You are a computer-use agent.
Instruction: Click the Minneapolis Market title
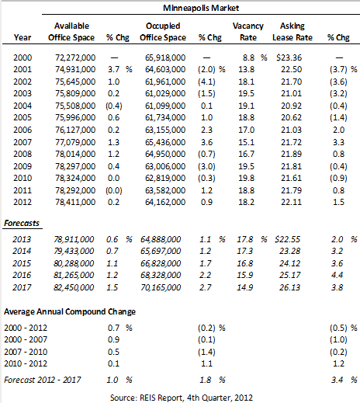pyautogui.click(x=201, y=8)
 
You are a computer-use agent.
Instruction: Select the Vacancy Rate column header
pyautogui.click(x=248, y=32)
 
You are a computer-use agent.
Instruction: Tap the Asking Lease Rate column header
pyautogui.click(x=292, y=32)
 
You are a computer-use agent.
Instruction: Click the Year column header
pyautogui.click(x=22, y=37)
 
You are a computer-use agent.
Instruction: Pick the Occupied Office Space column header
pyautogui.click(x=163, y=32)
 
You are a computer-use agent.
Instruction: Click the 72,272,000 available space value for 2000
pyautogui.click(x=75, y=57)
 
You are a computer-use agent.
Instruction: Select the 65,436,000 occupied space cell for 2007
pyautogui.click(x=165, y=142)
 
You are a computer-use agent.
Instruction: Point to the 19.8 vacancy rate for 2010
pyautogui.click(x=247, y=178)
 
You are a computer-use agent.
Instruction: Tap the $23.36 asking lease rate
pyautogui.click(x=289, y=57)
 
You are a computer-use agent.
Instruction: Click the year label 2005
pyautogui.click(x=22, y=117)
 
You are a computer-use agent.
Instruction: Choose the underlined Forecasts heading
pyautogui.click(x=22, y=223)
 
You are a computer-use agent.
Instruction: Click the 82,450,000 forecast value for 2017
pyautogui.click(x=74, y=287)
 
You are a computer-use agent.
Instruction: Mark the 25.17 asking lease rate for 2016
pyautogui.click(x=289, y=275)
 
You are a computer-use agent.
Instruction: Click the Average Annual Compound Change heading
pyautogui.click(x=70, y=311)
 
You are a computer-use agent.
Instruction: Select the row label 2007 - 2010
pyautogui.click(x=26, y=352)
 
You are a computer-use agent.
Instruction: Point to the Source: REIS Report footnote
pyautogui.click(x=182, y=398)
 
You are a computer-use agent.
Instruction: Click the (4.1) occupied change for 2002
pyautogui.click(x=206, y=82)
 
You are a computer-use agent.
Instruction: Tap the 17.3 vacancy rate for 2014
pyautogui.click(x=245, y=251)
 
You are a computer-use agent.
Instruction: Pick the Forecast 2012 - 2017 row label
pyautogui.click(x=43, y=380)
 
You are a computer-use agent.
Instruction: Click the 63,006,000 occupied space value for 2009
pyautogui.click(x=165, y=166)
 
